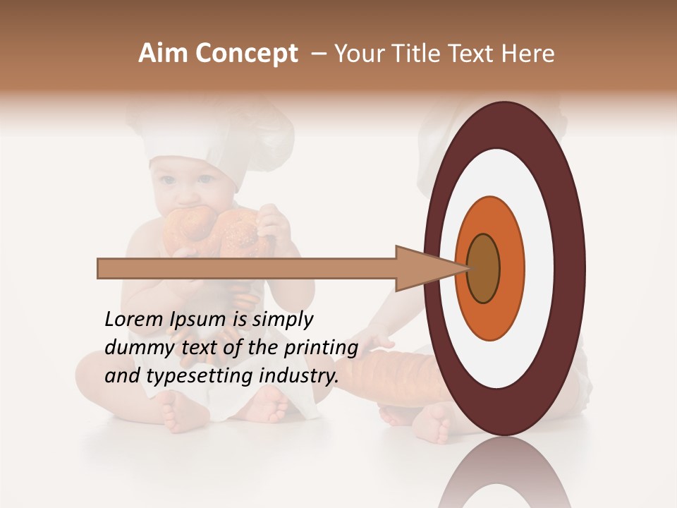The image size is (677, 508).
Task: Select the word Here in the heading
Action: pos(528,54)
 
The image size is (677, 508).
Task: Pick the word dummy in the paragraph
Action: pos(132,348)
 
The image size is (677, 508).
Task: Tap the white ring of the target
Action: pos(543,269)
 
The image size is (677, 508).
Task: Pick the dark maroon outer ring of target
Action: pos(572,269)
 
